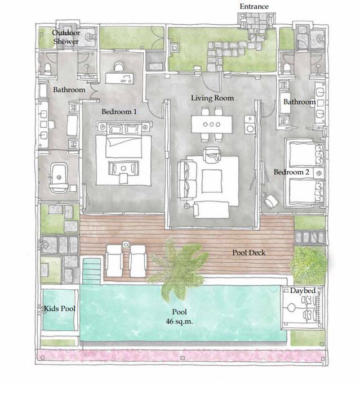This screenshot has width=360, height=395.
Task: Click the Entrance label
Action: point(254,6)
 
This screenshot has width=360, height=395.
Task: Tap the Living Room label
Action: point(212,98)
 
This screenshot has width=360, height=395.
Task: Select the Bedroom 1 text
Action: point(119,111)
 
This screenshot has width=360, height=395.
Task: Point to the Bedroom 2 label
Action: point(291,172)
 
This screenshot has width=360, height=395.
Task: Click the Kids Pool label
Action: point(60,308)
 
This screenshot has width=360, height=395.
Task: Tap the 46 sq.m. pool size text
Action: point(179,321)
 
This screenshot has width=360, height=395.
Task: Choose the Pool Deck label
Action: point(249,253)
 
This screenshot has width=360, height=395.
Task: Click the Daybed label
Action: point(303,291)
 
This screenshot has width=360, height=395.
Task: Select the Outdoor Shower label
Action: point(66,37)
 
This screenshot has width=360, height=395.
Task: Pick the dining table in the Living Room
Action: point(211,124)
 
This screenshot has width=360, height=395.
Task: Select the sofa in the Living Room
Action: point(188,180)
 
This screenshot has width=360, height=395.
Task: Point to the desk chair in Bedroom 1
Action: point(119,67)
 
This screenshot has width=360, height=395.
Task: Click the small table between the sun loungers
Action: point(126,244)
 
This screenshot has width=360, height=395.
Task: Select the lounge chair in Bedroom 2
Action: point(271,201)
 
